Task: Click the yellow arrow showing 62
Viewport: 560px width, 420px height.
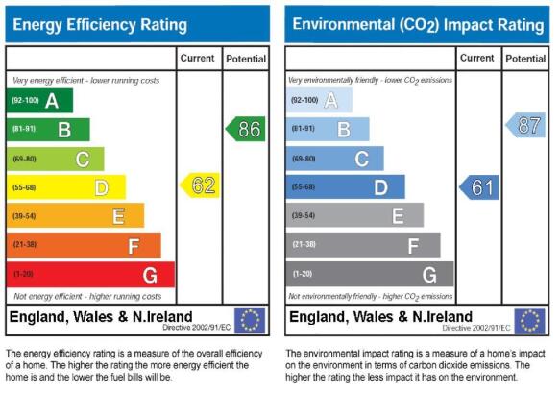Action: pos(200,185)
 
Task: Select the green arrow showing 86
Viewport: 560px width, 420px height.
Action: pos(246,129)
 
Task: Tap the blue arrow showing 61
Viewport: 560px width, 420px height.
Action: pos(479,187)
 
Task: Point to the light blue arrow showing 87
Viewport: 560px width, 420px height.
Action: pos(525,125)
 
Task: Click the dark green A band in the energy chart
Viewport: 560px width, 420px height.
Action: pos(39,101)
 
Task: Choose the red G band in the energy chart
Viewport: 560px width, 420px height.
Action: pos(90,275)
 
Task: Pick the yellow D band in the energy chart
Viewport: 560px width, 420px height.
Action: pos(66,187)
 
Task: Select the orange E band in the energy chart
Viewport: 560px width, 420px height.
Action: pos(75,215)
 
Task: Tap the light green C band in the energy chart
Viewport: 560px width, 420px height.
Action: pos(56,159)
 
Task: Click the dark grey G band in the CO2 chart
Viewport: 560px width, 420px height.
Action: pos(370,274)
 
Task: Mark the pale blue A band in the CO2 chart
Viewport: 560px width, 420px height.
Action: pos(319,100)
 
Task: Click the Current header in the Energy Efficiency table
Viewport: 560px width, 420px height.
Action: pos(197,58)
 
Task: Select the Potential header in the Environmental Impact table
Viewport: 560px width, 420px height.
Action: pos(525,59)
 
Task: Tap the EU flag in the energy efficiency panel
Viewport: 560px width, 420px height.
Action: pos(250,320)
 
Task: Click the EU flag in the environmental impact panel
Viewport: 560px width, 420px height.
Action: pos(529,321)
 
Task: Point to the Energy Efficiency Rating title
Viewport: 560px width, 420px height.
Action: pos(100,25)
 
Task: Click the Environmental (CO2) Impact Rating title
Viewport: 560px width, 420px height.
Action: pos(418,25)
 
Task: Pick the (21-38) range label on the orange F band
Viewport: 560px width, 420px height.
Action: pos(25,244)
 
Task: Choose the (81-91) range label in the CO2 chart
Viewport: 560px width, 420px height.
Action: pos(304,129)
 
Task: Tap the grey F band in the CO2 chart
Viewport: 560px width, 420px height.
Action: pos(363,245)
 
